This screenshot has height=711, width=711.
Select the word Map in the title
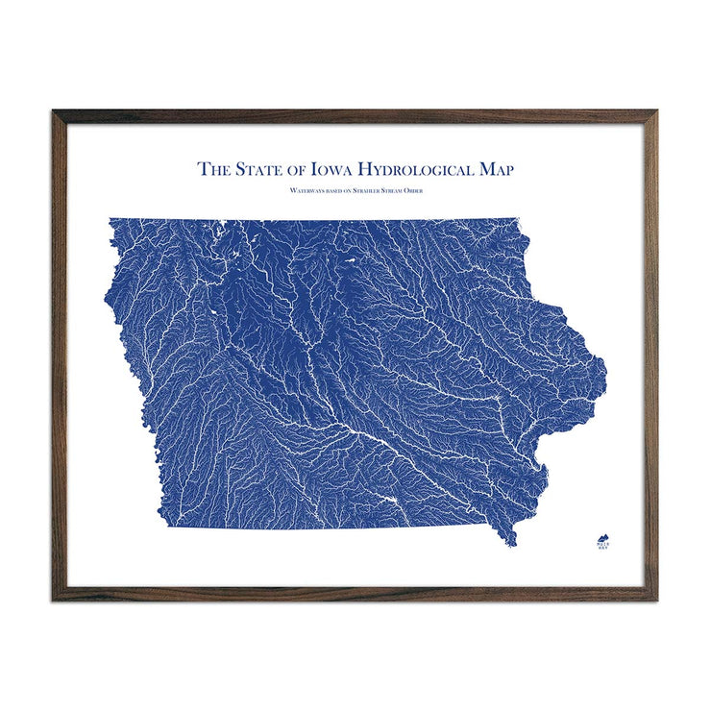[494, 170]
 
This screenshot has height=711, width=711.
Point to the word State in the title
[259, 170]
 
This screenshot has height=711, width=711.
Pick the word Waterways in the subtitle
[306, 192]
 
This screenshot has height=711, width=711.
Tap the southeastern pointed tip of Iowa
[512, 544]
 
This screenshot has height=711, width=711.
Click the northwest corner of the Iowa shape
[110, 220]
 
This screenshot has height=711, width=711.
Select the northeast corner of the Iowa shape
[519, 220]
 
